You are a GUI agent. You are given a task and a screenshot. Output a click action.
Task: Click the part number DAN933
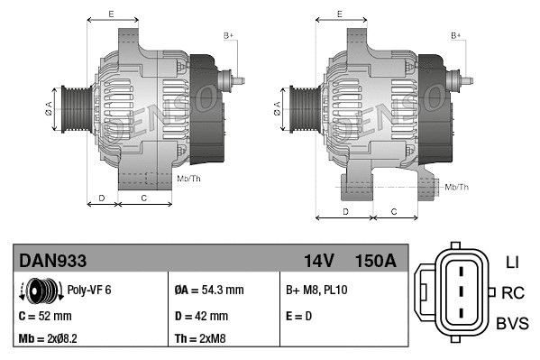coord(53,261)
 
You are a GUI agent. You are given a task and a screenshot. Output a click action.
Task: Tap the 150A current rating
coord(375,261)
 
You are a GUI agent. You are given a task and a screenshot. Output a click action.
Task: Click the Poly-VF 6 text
coord(89,291)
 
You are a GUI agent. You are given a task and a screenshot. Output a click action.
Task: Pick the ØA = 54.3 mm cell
coord(208,291)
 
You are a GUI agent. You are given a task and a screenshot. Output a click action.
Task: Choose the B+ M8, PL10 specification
coord(316,291)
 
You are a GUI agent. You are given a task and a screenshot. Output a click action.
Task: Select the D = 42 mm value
coord(201,317)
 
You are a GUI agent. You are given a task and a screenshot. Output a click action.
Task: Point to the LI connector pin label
coord(511,263)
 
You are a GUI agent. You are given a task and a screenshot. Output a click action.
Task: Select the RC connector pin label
coord(513,292)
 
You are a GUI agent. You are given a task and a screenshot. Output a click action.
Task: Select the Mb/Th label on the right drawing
coord(457,187)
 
